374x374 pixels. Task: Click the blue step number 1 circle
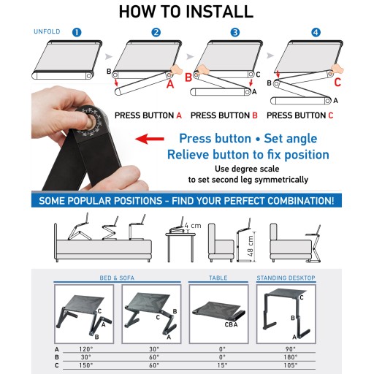[77, 32]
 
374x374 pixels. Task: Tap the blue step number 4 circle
[316, 32]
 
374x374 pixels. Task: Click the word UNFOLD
[47, 31]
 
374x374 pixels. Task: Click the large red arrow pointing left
[150, 139]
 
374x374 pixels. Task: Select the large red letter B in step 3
[188, 77]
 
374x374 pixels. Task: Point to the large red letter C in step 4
[337, 83]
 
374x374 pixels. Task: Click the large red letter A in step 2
[170, 84]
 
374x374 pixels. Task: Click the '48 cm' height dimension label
[251, 245]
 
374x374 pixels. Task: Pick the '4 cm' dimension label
[193, 226]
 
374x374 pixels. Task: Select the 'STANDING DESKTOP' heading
[286, 278]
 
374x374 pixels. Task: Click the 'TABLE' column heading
[218, 278]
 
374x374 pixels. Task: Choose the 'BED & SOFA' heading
[117, 278]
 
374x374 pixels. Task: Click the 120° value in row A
[85, 349]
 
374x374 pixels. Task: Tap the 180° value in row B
[291, 357]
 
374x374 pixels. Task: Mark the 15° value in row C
[223, 365]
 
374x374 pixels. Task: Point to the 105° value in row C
[291, 365]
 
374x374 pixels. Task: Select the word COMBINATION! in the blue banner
[300, 201]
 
